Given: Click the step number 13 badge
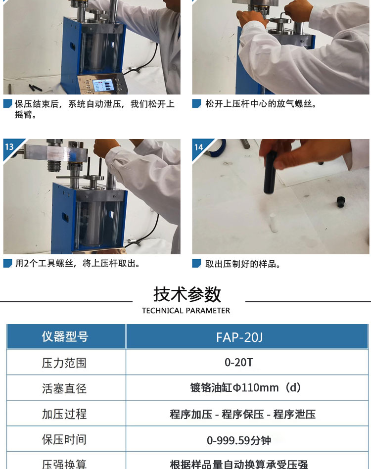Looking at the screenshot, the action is pos(9,146).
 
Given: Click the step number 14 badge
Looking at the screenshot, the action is pos(198,147).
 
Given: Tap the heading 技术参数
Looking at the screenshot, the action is pos(187,294).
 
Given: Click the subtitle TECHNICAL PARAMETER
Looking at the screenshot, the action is pos(186,311).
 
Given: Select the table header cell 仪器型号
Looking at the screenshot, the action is pos(65,336).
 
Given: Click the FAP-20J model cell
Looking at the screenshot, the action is pos(247,336).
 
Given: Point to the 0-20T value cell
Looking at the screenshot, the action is pos(247,362).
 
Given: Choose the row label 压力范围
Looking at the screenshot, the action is pos(64,363).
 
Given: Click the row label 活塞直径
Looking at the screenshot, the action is pos(64,388).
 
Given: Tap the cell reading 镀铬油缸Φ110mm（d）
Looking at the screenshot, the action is pos(245,388).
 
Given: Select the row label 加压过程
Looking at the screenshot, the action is pos(64,414).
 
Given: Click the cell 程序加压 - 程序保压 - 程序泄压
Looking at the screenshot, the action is pos(243,414).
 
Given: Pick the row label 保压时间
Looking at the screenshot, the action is pos(64,440).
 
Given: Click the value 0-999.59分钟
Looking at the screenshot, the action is pos(239,440).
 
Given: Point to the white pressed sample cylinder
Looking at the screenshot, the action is pos(273,222).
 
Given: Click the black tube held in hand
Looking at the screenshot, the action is pos(270,173).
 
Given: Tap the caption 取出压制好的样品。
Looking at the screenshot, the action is pos(243,264).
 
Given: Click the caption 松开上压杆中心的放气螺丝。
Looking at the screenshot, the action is pos(261,104).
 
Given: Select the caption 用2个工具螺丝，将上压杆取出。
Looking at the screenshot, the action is pos(78,264).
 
